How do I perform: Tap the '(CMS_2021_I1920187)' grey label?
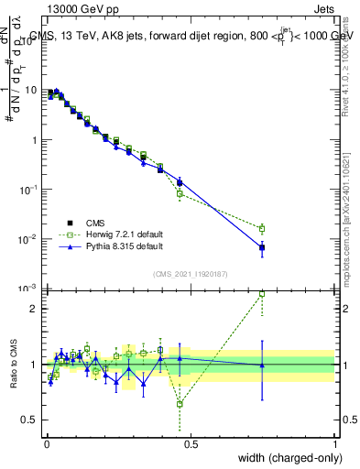coord(191,273)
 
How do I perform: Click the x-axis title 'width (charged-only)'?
coord(285,457)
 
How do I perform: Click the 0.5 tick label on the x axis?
coord(191,443)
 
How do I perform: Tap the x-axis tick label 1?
coord(336,443)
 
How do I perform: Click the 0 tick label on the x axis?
coord(47,443)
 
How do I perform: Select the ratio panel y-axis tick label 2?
coord(33,309)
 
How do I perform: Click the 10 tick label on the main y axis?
coord(30,91)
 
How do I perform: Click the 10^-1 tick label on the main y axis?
coord(28,190)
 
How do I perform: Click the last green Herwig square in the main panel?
coord(262,229)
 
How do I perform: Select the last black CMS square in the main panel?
coord(262,247)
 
